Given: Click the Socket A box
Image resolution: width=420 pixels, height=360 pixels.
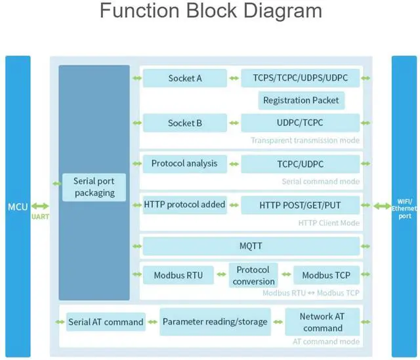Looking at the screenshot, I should point(185,78).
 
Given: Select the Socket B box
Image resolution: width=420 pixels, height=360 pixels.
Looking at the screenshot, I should point(185,123).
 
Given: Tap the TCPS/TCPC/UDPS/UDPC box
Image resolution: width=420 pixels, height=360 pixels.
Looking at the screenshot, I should point(300,78).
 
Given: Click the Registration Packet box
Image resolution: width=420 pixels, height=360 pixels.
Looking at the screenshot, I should point(301,100).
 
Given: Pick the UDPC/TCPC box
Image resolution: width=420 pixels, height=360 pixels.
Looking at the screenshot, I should point(300,123).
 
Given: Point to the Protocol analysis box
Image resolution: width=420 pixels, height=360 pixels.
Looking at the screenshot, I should point(184,163).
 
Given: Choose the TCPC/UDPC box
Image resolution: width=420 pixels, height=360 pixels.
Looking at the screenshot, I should point(300,164).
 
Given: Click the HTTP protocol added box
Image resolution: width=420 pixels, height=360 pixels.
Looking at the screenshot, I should point(184,205).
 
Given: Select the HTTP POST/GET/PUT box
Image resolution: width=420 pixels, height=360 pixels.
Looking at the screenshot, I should point(300,205).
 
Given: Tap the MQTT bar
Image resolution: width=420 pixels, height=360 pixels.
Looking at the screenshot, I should point(251,246).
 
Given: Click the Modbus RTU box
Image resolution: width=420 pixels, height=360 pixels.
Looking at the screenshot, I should point(178,275).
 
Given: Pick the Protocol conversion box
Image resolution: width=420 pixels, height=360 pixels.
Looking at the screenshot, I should point(253,275).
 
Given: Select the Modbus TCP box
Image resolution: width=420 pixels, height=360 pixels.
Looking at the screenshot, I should point(326,275).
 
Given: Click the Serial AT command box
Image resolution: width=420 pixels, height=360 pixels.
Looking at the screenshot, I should point(106,322).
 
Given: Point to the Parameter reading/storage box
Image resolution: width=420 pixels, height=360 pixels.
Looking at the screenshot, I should point(215,322).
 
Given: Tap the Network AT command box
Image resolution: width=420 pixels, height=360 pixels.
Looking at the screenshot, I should point(322,322).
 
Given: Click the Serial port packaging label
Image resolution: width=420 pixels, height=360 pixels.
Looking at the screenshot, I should point(94,187).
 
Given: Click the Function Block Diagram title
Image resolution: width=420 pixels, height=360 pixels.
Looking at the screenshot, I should point(211,11).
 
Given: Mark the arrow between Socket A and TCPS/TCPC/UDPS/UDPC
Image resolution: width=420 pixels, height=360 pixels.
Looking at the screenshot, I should point(234,79).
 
